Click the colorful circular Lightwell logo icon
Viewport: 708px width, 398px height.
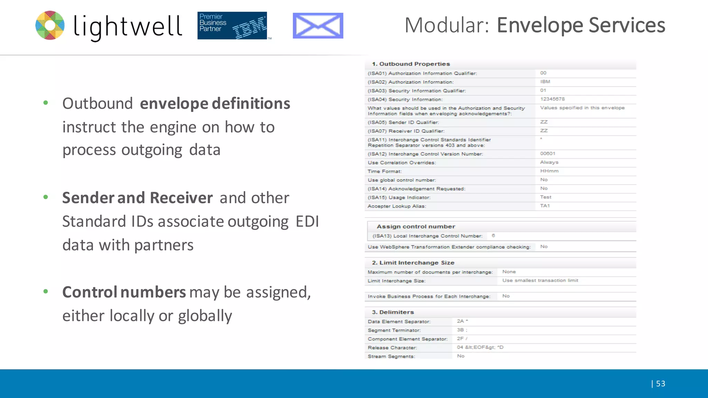pos(50,25)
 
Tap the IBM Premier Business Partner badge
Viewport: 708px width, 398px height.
pos(232,26)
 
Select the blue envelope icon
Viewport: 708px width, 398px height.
pos(318,26)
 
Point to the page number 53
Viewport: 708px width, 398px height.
pos(660,383)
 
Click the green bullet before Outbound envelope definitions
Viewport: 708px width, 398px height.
pos(46,103)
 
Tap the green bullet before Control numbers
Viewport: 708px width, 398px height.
pos(46,291)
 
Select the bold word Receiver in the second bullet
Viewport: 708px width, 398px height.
pos(181,198)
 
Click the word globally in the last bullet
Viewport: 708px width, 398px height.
pos(205,316)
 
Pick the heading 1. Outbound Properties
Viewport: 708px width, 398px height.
pos(411,64)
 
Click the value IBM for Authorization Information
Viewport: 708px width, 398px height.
pos(545,82)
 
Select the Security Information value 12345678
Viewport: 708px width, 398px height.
pos(552,99)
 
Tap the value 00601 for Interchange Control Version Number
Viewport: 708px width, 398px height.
pos(548,153)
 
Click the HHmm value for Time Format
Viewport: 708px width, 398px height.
pos(549,171)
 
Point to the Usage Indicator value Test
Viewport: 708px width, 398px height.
pos(546,197)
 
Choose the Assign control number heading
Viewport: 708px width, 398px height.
pos(416,226)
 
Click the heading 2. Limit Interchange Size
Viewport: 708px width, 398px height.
pos(413,263)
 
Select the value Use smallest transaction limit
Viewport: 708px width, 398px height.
pos(540,281)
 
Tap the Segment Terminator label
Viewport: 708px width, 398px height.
pos(394,330)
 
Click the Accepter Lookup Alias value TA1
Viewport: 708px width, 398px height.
pos(545,206)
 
